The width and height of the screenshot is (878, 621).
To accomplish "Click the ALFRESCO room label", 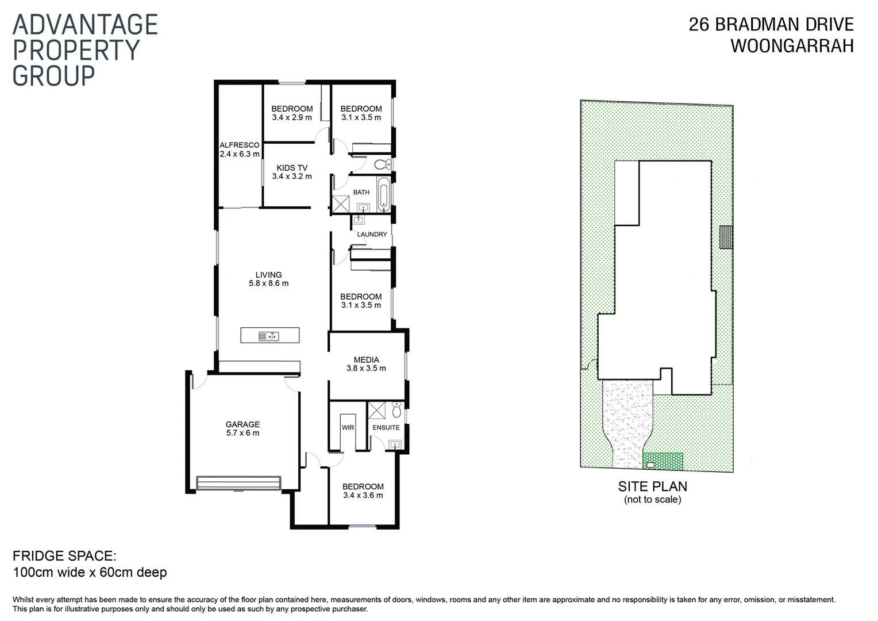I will click(x=239, y=145).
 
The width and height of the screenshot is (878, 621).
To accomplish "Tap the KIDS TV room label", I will click(x=292, y=168).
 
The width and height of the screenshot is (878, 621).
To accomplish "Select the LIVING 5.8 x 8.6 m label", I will click(x=268, y=279).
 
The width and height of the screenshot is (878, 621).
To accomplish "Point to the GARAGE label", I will click(x=242, y=425).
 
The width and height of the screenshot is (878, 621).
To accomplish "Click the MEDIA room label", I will click(x=366, y=360).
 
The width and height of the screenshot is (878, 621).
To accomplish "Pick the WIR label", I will click(x=348, y=428).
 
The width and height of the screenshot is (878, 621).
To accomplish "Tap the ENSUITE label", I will click(x=386, y=428).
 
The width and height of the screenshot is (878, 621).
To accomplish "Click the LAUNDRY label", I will click(x=372, y=235).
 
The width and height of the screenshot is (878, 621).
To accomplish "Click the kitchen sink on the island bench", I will click(x=268, y=336).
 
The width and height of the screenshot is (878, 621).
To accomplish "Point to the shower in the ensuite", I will click(x=377, y=410).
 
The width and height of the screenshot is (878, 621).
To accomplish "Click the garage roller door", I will click(x=238, y=482).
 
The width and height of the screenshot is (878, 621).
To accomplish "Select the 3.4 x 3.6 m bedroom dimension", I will click(x=363, y=495).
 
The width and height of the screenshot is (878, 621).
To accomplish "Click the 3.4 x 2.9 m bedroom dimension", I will click(x=292, y=117).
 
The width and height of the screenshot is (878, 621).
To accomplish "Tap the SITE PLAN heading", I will click(x=652, y=486).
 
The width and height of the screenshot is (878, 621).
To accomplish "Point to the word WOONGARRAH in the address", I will click(x=792, y=46).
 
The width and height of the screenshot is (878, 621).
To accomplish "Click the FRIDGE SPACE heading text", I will click(x=64, y=556).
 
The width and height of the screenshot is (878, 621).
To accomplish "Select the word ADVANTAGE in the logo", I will click(x=85, y=25).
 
